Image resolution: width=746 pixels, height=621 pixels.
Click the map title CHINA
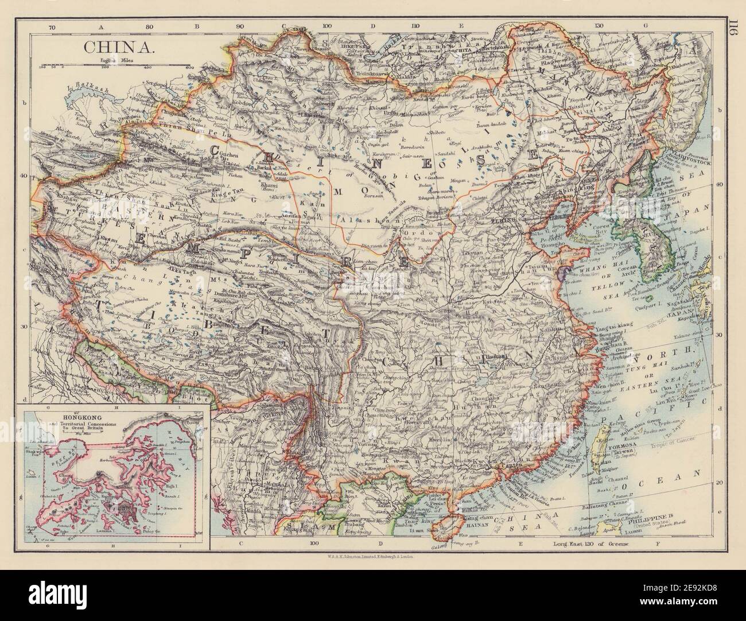119,46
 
